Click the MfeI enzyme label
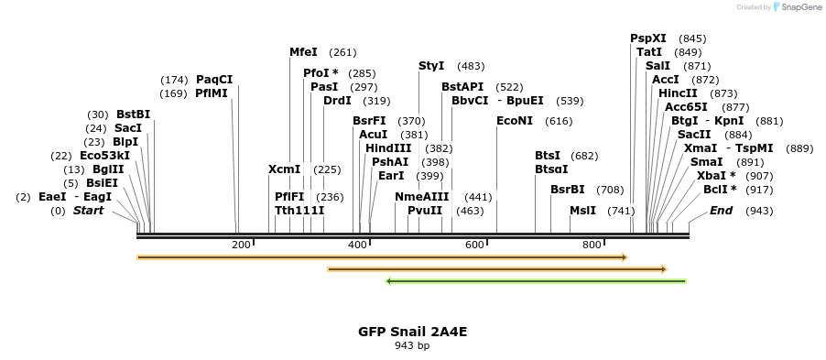[x=303, y=52]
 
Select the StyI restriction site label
[x=431, y=66]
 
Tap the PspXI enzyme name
[x=648, y=38]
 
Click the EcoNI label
[x=514, y=121]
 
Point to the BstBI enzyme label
[x=133, y=115]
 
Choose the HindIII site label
[x=388, y=148]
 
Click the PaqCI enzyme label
[x=214, y=80]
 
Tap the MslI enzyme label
[x=582, y=211]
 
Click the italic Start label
[x=88, y=211]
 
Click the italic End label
[x=722, y=211]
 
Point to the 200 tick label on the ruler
[x=241, y=245]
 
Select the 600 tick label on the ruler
[x=474, y=245]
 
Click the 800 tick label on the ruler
[x=592, y=245]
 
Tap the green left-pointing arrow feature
[x=537, y=281]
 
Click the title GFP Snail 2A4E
[x=412, y=332]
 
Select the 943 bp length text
[x=412, y=346]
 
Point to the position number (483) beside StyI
[x=471, y=66]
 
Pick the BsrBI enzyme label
[x=567, y=190]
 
